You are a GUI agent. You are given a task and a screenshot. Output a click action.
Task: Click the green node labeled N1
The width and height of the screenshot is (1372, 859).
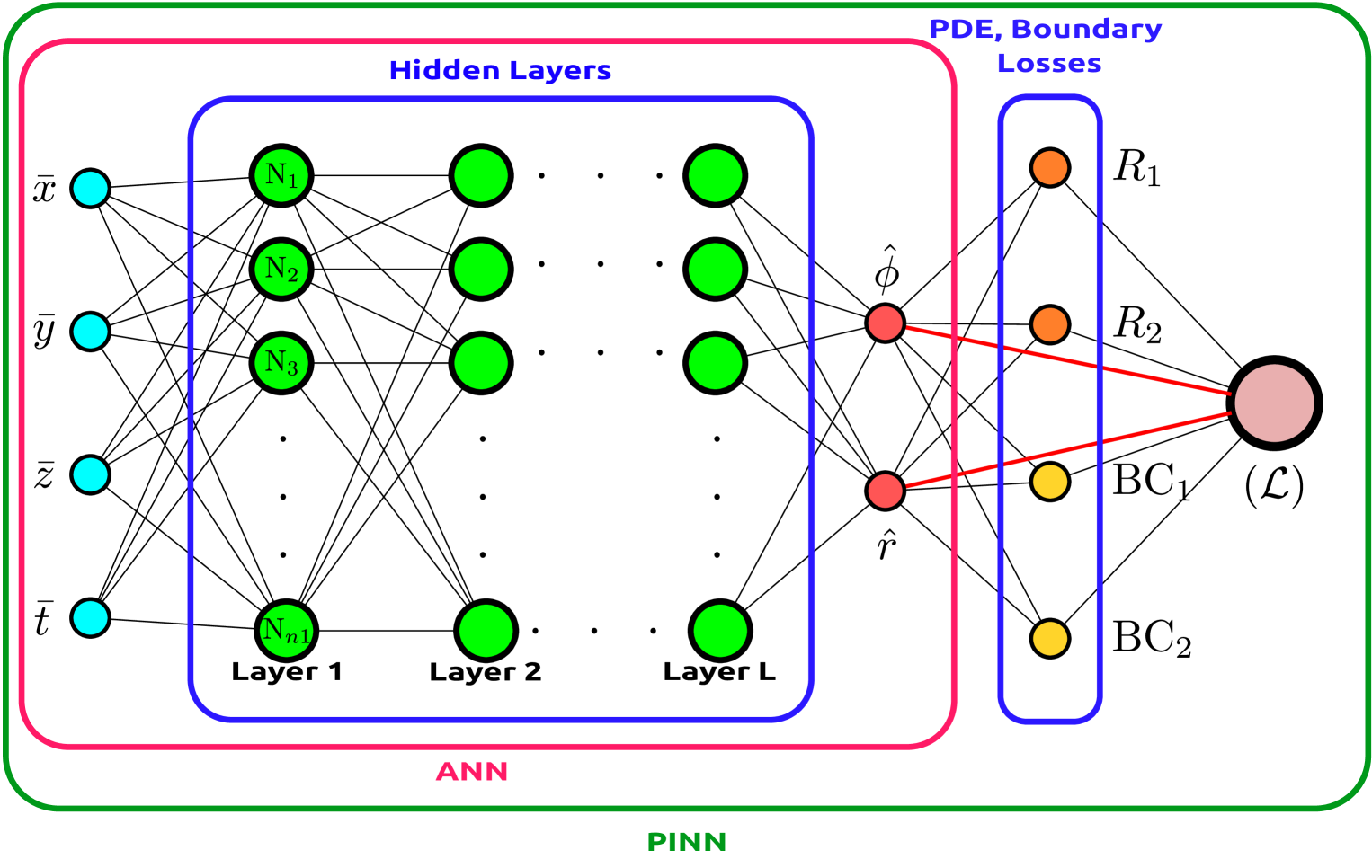click(x=281, y=175)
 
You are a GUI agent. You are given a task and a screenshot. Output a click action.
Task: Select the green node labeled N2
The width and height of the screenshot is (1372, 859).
click(x=281, y=270)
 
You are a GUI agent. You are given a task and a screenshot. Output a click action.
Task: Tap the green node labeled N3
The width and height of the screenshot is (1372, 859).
click(x=281, y=363)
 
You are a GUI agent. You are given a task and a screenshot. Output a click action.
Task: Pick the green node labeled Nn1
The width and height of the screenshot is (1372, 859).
click(x=286, y=631)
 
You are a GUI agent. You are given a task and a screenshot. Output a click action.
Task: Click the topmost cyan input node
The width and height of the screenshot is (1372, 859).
click(x=90, y=189)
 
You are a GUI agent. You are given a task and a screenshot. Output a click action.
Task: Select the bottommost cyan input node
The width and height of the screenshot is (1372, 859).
click(x=90, y=618)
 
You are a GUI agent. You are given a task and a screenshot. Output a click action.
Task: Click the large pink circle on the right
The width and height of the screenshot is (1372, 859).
click(x=1274, y=403)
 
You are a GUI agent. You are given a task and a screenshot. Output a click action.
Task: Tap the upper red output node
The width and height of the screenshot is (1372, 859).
click(x=885, y=323)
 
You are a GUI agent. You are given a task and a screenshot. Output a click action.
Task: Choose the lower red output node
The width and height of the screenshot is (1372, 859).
click(x=885, y=491)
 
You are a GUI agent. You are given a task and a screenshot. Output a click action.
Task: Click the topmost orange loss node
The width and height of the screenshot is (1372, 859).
click(x=1050, y=168)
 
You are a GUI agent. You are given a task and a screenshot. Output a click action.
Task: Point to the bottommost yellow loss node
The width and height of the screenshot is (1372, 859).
click(x=1050, y=639)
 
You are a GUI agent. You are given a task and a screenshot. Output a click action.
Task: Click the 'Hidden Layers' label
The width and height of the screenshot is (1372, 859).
click(x=500, y=71)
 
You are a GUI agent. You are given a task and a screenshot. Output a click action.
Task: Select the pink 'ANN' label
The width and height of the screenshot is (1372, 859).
click(x=472, y=772)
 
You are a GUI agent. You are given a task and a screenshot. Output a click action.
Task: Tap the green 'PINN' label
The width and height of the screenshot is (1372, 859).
click(x=687, y=842)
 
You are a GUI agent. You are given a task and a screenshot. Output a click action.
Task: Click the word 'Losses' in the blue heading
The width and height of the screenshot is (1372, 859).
click(x=1049, y=65)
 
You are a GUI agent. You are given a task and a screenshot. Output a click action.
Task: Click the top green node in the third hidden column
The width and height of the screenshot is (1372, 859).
click(x=716, y=175)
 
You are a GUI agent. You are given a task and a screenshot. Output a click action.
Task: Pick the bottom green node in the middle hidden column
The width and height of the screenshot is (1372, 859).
click(x=486, y=631)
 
